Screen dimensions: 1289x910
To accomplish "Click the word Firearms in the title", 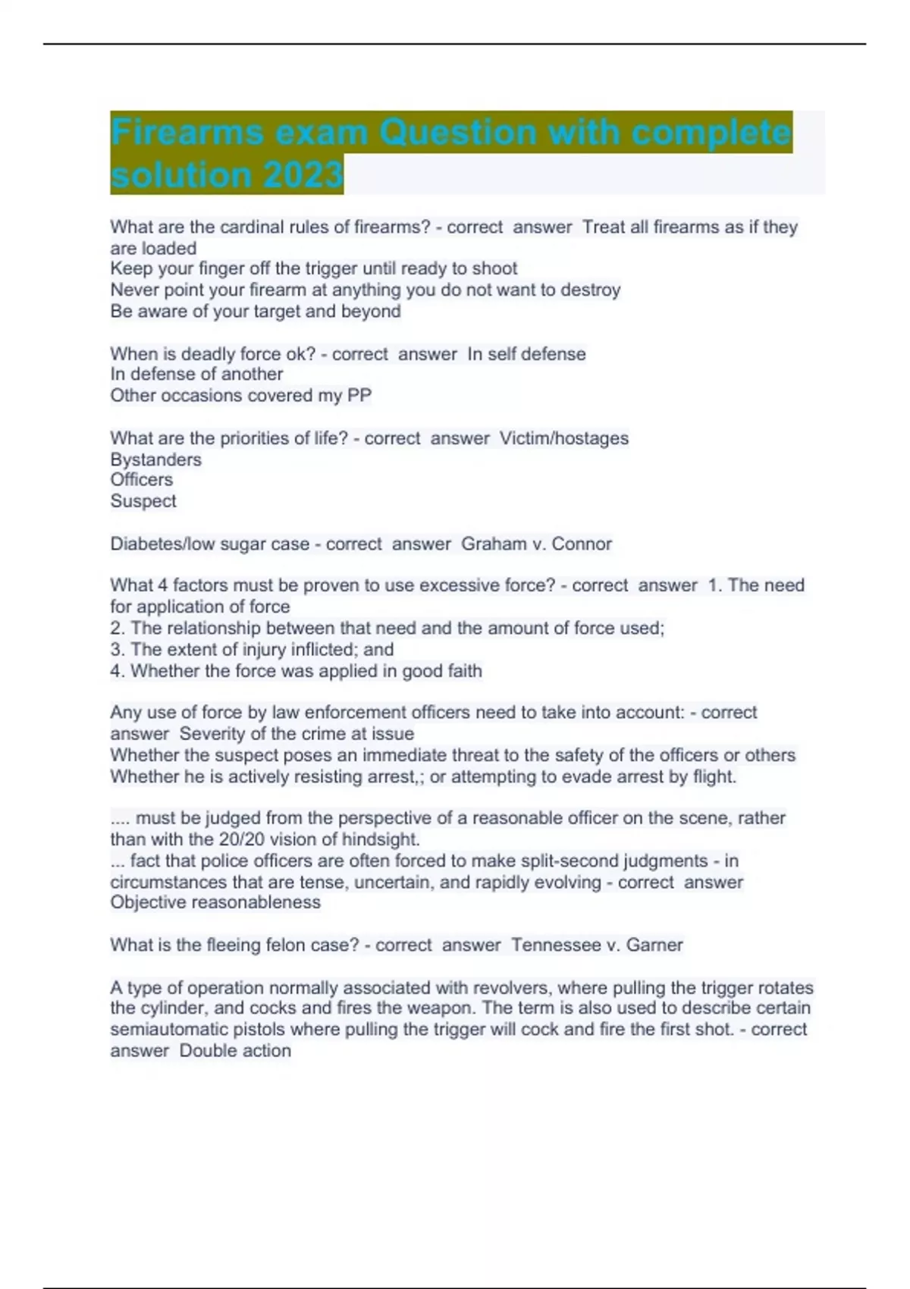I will tap(186, 133).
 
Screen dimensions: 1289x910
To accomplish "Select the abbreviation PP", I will tap(359, 395).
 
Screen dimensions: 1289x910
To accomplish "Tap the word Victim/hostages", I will tap(564, 438).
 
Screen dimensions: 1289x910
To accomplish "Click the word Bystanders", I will tap(156, 459).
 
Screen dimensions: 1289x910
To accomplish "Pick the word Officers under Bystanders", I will tap(142, 480).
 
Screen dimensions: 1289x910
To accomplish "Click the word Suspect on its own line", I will tap(143, 501).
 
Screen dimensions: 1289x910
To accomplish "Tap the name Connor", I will tap(582, 544).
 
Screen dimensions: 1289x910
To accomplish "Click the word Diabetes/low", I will tap(163, 544).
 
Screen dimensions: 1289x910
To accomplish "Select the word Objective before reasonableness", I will tap(149, 902).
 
